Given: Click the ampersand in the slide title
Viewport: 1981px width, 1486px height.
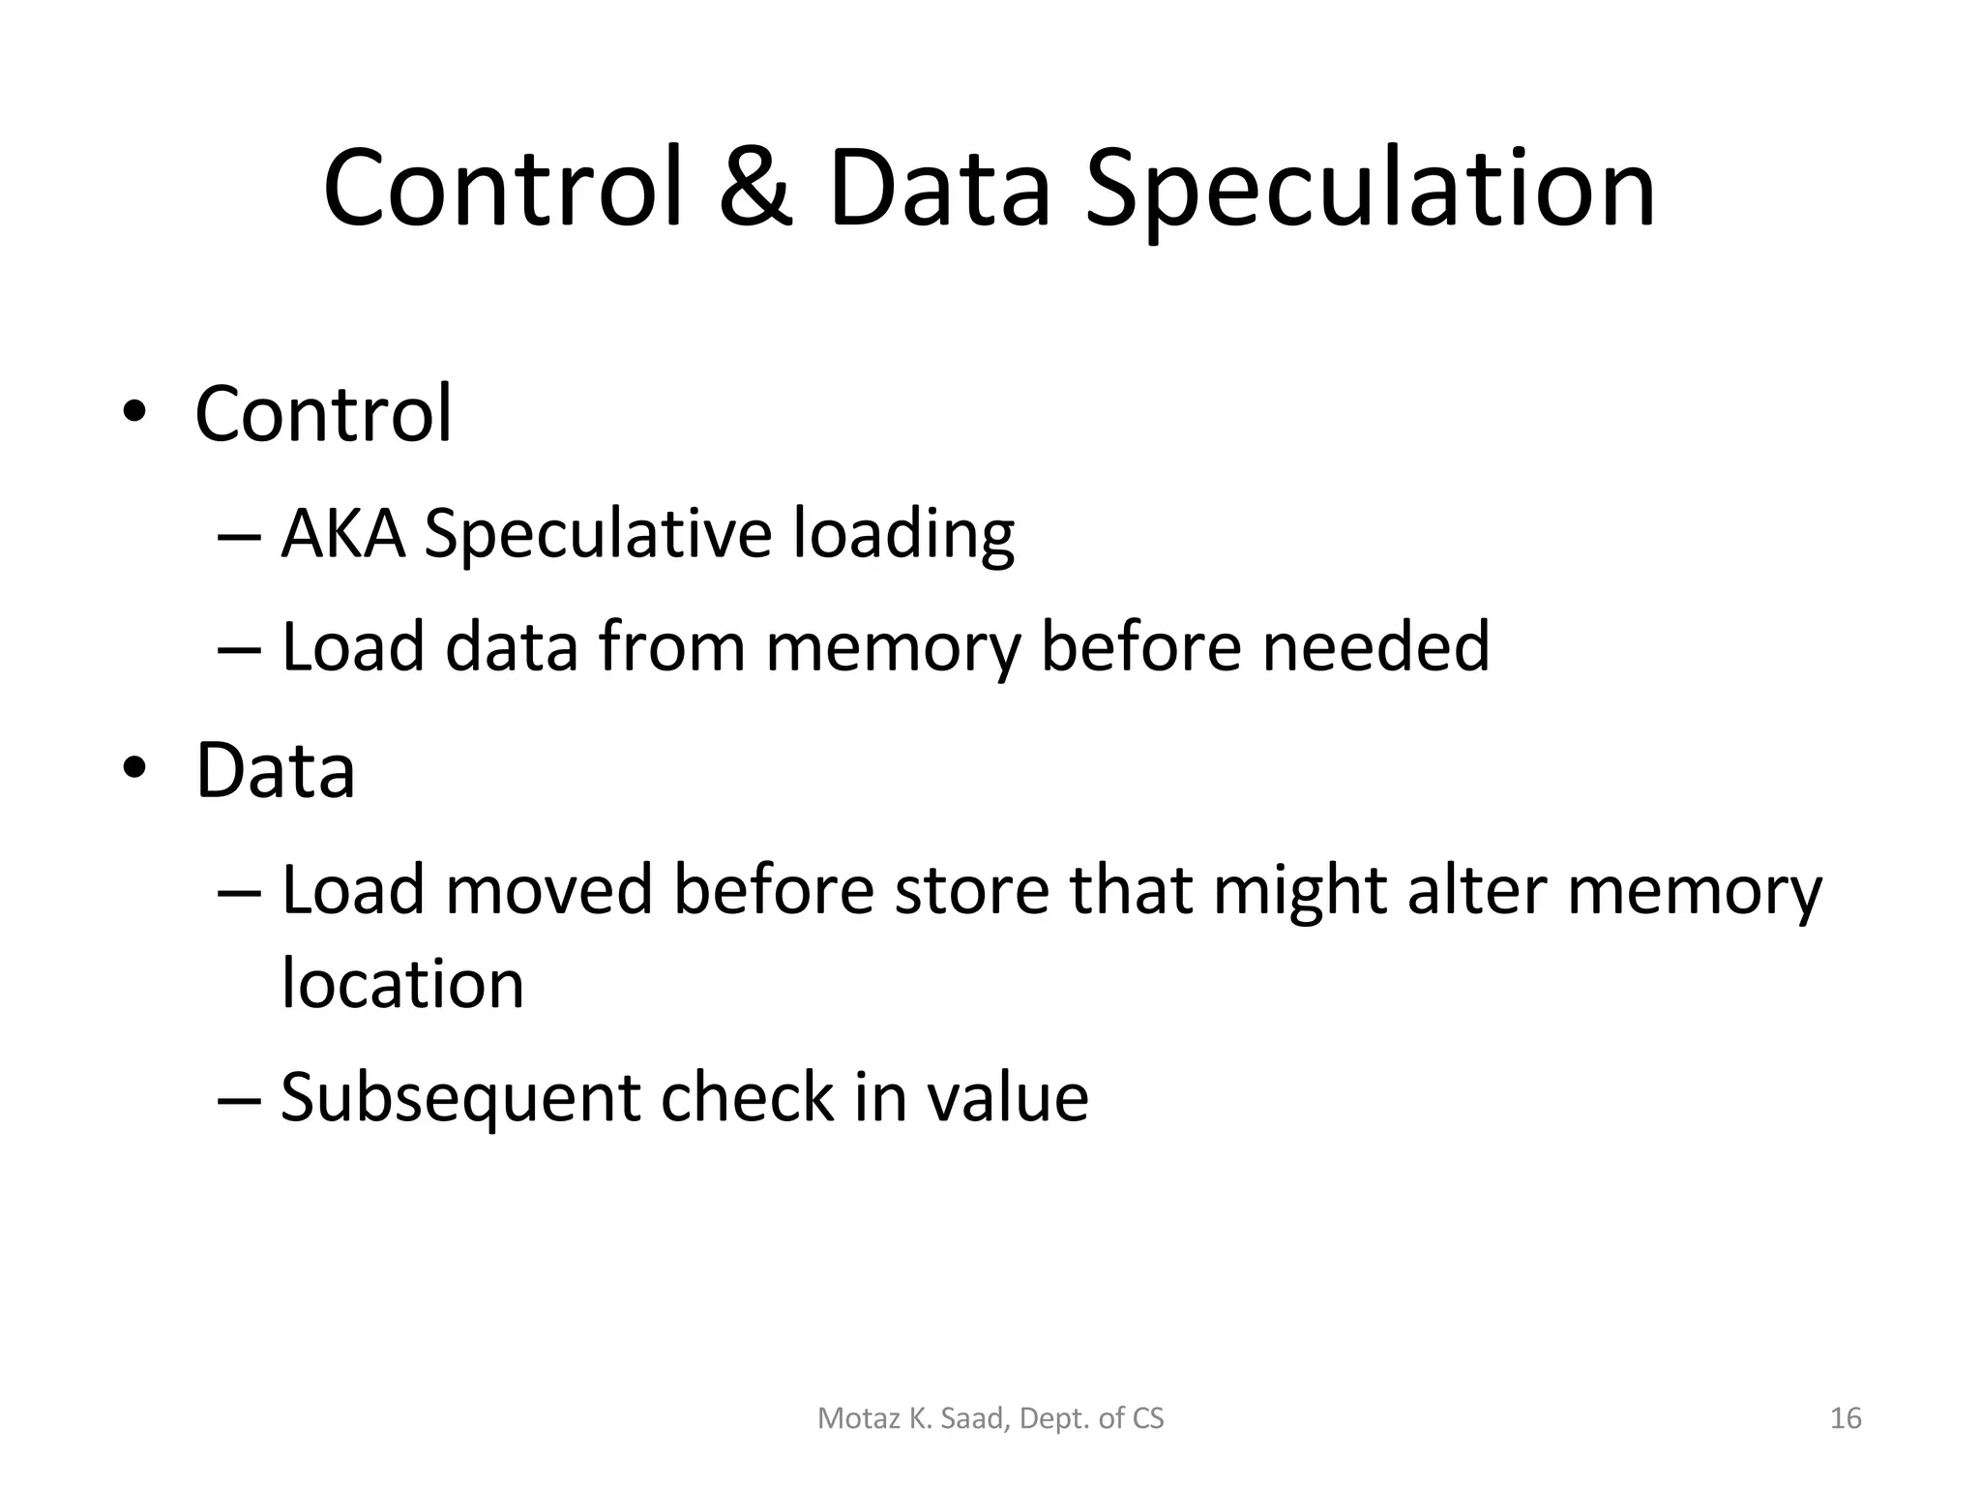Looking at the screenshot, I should (x=755, y=189).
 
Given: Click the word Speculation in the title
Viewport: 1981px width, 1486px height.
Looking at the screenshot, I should (x=1370, y=191).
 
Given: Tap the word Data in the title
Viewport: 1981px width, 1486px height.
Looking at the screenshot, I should (x=939, y=189).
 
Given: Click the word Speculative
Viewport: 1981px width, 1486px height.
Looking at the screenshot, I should (x=597, y=535).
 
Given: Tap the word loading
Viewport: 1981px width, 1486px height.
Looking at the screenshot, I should (x=903, y=535).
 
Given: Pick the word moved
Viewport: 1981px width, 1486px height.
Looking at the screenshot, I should (x=549, y=889).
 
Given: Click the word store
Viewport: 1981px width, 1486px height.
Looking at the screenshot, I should (x=971, y=889).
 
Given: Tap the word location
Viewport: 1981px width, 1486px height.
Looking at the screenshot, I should (x=402, y=983).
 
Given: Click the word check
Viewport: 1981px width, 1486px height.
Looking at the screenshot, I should (x=748, y=1097).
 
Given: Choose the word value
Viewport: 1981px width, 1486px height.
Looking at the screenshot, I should (x=1007, y=1097).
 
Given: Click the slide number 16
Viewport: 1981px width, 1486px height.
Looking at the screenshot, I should (x=1846, y=1418).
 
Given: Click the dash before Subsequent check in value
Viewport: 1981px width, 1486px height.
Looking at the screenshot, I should (x=239, y=1098).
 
